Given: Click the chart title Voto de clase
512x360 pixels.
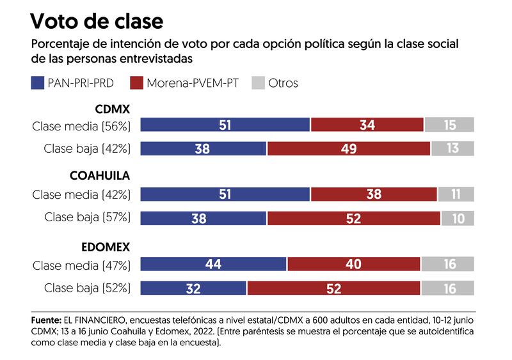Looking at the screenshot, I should coord(97,21).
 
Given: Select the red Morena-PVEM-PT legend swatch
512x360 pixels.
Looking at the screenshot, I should coord(137,83).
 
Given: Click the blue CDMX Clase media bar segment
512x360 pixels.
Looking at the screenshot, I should coord(225,125).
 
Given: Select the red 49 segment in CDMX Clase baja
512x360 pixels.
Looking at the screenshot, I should coord(349,149).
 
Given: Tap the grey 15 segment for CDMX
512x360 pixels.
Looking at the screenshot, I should coord(450,125).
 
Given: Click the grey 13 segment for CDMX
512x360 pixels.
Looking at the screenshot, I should coord(452,149).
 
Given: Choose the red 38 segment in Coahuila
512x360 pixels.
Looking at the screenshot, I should coord(374,194).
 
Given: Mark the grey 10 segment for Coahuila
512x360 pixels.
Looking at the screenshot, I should coord(458,218).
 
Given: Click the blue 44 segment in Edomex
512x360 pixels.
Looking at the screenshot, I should coord(213,264).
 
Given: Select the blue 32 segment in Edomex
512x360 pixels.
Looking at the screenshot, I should coord(193,288).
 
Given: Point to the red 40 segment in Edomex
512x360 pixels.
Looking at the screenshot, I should coord(354,264).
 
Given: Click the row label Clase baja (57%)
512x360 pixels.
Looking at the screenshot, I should coord(88,217).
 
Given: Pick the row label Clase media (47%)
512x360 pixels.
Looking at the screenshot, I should coord(81,264).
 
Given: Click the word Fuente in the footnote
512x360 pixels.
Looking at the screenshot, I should coord(44,319).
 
